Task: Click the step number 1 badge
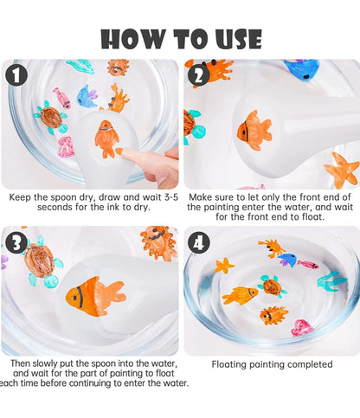click(x=16, y=74)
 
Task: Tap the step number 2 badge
click(x=199, y=75)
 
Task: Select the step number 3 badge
click(x=16, y=242)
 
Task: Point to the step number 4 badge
click(x=199, y=242)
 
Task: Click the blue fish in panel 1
click(x=87, y=96)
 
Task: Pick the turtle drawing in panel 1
click(x=51, y=117)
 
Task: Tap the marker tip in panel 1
click(x=119, y=151)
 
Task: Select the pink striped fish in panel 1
click(x=62, y=98)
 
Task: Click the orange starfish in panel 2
click(x=342, y=170)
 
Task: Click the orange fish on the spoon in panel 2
click(x=254, y=130)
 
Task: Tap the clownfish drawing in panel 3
click(x=96, y=297)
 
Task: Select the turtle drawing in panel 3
click(x=41, y=261)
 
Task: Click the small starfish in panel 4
click(x=224, y=266)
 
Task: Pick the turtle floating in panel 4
click(x=272, y=286)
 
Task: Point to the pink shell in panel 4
click(x=302, y=328)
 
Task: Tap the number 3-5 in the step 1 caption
click(x=171, y=197)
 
